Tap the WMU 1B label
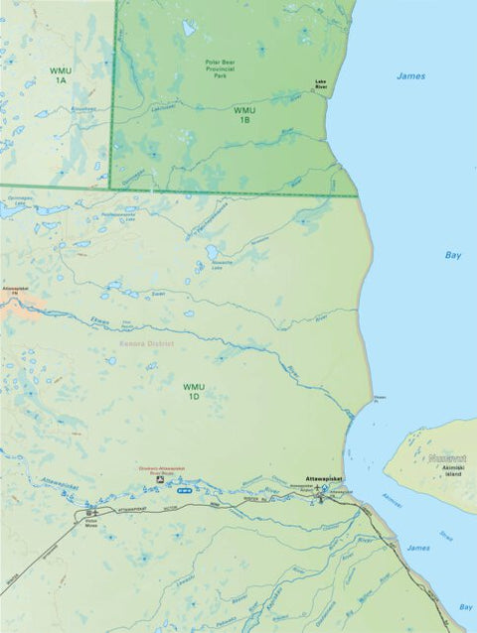pyautogui.click(x=244, y=114)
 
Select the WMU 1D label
pyautogui.click(x=193, y=391)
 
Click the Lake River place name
pyautogui.click(x=321, y=85)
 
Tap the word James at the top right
pyautogui.click(x=410, y=75)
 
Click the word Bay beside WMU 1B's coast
pyautogui.click(x=453, y=255)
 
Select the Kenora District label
pyautogui.click(x=146, y=343)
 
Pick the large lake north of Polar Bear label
pyautogui.click(x=188, y=28)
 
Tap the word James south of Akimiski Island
pyautogui.click(x=417, y=547)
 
